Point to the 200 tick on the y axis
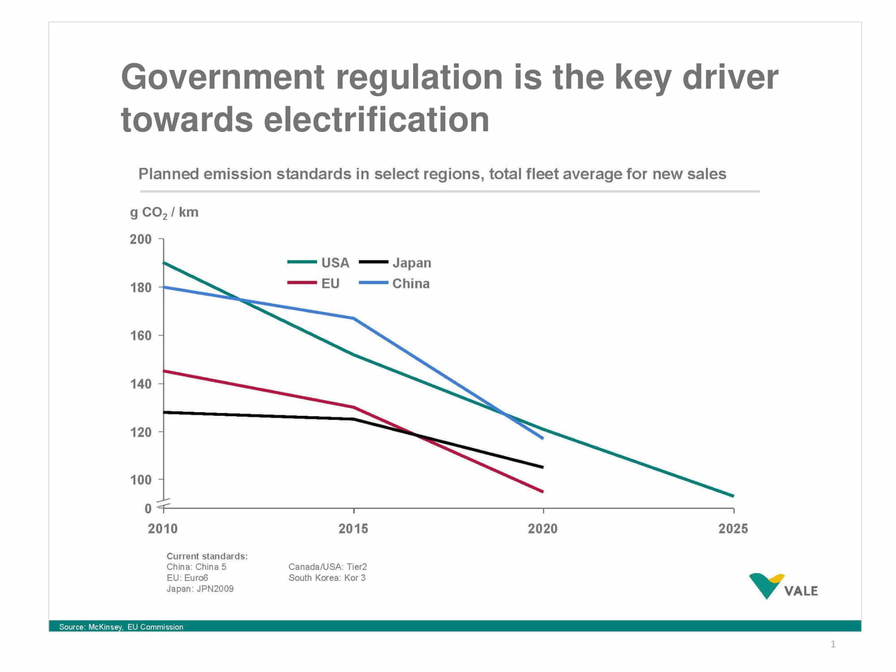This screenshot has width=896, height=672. point(141,239)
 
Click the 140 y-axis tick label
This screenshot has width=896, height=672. point(141,384)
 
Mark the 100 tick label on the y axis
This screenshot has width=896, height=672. point(141,480)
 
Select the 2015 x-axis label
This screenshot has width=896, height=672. point(353,529)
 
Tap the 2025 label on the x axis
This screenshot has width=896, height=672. point(733,529)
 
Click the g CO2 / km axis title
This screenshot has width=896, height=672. point(164,212)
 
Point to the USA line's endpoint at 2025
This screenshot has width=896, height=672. point(733,496)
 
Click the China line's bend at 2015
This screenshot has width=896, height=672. point(354,318)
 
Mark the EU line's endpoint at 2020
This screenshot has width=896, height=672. point(543,491)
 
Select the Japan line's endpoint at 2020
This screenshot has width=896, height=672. point(543,467)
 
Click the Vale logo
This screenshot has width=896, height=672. point(783,586)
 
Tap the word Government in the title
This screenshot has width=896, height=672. point(222,77)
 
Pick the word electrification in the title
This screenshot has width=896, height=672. point(376,120)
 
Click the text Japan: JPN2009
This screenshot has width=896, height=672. point(200,589)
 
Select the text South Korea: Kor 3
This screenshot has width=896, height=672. point(327,578)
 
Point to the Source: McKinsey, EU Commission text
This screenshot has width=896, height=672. point(121,627)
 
